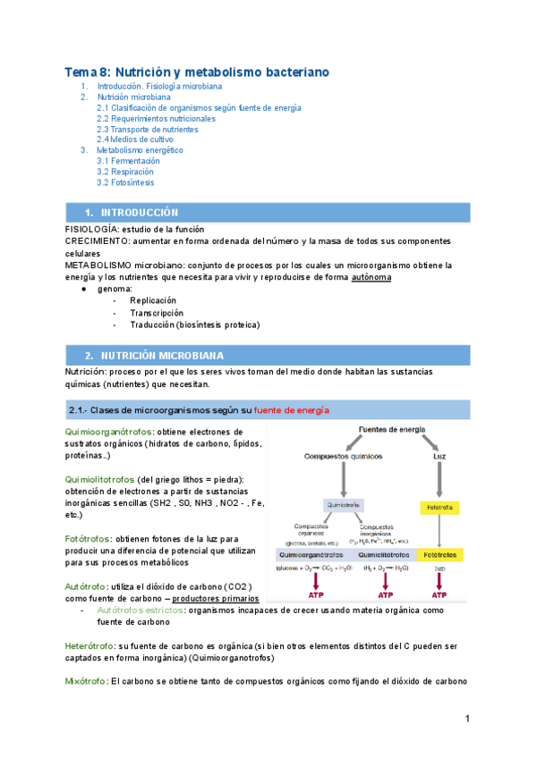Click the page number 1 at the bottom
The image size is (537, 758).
467,719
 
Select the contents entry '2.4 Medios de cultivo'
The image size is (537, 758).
135,139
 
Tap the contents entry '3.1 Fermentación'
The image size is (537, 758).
129,161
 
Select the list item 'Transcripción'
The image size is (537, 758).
157,313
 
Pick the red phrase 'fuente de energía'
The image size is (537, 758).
292,410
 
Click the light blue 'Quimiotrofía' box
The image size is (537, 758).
341,504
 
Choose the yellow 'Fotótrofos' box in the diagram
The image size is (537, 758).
438,554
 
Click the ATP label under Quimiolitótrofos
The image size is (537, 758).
386,594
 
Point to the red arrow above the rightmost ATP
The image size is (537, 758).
439,578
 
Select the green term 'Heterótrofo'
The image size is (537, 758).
87,645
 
